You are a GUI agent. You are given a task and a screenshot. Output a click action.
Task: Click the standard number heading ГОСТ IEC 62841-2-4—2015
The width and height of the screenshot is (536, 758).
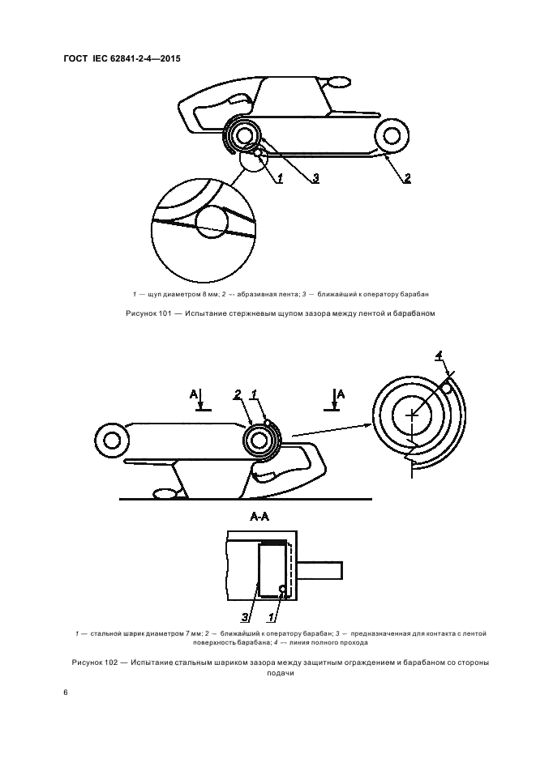point(122,59)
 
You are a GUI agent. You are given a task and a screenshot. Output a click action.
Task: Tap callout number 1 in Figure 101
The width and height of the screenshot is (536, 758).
point(280,178)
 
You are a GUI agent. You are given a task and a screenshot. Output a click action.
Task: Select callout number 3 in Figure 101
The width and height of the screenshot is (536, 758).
point(315,178)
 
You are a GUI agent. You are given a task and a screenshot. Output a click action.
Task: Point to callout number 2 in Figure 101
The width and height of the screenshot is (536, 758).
point(407,178)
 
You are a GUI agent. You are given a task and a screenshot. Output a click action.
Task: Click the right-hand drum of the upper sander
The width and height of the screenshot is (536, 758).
point(390,136)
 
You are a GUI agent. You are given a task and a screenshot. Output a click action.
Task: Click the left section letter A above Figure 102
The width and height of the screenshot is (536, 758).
point(193,395)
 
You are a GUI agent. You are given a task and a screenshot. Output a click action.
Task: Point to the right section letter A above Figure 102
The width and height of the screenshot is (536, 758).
point(341,394)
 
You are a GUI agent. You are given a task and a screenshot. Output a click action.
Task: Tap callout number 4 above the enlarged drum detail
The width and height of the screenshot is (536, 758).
point(439,356)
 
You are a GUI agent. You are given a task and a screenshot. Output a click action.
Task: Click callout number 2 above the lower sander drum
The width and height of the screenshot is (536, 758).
point(238,395)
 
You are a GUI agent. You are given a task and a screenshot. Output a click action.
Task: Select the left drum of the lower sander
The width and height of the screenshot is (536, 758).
point(113,441)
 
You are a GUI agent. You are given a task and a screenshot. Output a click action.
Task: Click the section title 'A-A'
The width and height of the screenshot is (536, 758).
point(259,517)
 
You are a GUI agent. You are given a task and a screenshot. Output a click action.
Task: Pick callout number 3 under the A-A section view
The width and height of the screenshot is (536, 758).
point(245,617)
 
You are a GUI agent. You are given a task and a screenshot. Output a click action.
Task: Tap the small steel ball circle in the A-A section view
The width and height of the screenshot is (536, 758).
point(282,589)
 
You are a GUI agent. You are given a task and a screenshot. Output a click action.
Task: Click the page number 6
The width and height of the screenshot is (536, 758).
point(66,692)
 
